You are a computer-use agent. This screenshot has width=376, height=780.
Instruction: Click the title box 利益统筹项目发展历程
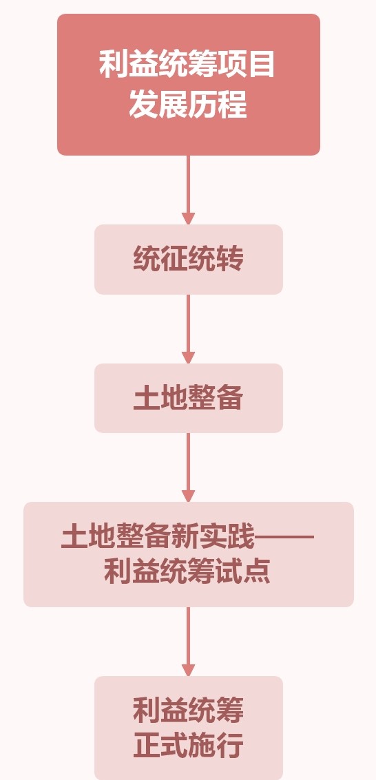[x=189, y=85]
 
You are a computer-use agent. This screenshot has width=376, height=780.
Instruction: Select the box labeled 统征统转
[x=189, y=259]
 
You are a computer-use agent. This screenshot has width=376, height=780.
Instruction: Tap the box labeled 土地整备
[x=189, y=398]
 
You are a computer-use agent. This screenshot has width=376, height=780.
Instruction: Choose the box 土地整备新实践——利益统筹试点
[x=189, y=554]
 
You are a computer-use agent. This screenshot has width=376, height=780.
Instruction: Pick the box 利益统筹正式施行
[x=189, y=728]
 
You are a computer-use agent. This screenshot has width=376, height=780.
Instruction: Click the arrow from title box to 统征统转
[x=188, y=190]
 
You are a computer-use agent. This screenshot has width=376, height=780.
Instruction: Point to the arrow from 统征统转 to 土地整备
[x=188, y=329]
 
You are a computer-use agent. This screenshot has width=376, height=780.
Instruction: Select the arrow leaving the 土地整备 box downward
[x=188, y=467]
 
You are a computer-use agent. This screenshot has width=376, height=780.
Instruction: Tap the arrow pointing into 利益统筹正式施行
[x=188, y=642]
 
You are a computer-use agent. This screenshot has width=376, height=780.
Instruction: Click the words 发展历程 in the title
[x=188, y=105]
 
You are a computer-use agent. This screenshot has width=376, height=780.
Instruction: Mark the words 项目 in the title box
[x=246, y=65]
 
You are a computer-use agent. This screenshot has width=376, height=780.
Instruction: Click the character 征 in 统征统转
[x=174, y=259]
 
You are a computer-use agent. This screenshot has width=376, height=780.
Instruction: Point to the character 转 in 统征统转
[x=229, y=259]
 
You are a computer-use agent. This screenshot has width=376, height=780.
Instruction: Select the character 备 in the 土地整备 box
[x=229, y=398]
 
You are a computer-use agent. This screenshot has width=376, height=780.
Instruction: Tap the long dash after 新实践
[x=284, y=537]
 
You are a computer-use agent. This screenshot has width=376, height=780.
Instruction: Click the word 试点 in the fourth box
[x=243, y=572]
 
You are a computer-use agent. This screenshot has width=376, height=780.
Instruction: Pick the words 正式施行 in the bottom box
[x=189, y=746]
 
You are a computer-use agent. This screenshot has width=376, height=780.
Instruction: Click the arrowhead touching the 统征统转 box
[x=188, y=218]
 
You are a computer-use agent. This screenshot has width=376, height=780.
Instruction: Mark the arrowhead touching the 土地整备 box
[x=188, y=357]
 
